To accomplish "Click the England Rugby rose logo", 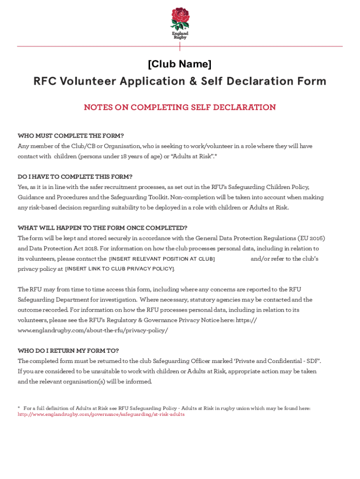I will pyautogui.click(x=180, y=19).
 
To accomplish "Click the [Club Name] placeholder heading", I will pyautogui.click(x=180, y=64).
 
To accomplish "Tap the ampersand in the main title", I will pyautogui.click(x=193, y=81).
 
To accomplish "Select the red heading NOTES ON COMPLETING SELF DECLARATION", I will pyautogui.click(x=180, y=108).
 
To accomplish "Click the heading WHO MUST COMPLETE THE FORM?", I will pyautogui.click(x=71, y=136).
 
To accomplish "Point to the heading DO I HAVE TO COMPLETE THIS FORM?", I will pyautogui.click(x=75, y=177).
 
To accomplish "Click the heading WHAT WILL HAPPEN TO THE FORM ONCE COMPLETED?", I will pyautogui.click(x=102, y=228).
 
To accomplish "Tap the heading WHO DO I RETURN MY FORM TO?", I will pyautogui.click(x=68, y=351).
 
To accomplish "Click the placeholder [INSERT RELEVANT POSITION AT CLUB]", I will pyautogui.click(x=162, y=259).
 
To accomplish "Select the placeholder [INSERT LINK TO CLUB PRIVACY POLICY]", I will pyautogui.click(x=120, y=269).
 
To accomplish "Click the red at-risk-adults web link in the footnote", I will pyautogui.click(x=101, y=414).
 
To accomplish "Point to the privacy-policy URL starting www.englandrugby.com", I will pyautogui.click(x=93, y=331).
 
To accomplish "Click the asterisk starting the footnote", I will pyautogui.click(x=19, y=408).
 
